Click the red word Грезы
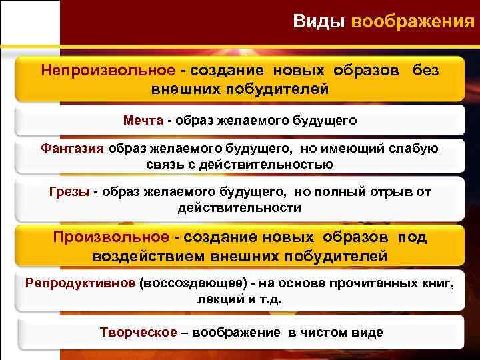click(69, 192)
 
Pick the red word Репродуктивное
click(80, 283)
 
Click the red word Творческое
click(139, 332)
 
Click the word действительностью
click(262, 164)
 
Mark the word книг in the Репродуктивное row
click(437, 283)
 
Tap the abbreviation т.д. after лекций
click(270, 299)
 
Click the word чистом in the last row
click(325, 332)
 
